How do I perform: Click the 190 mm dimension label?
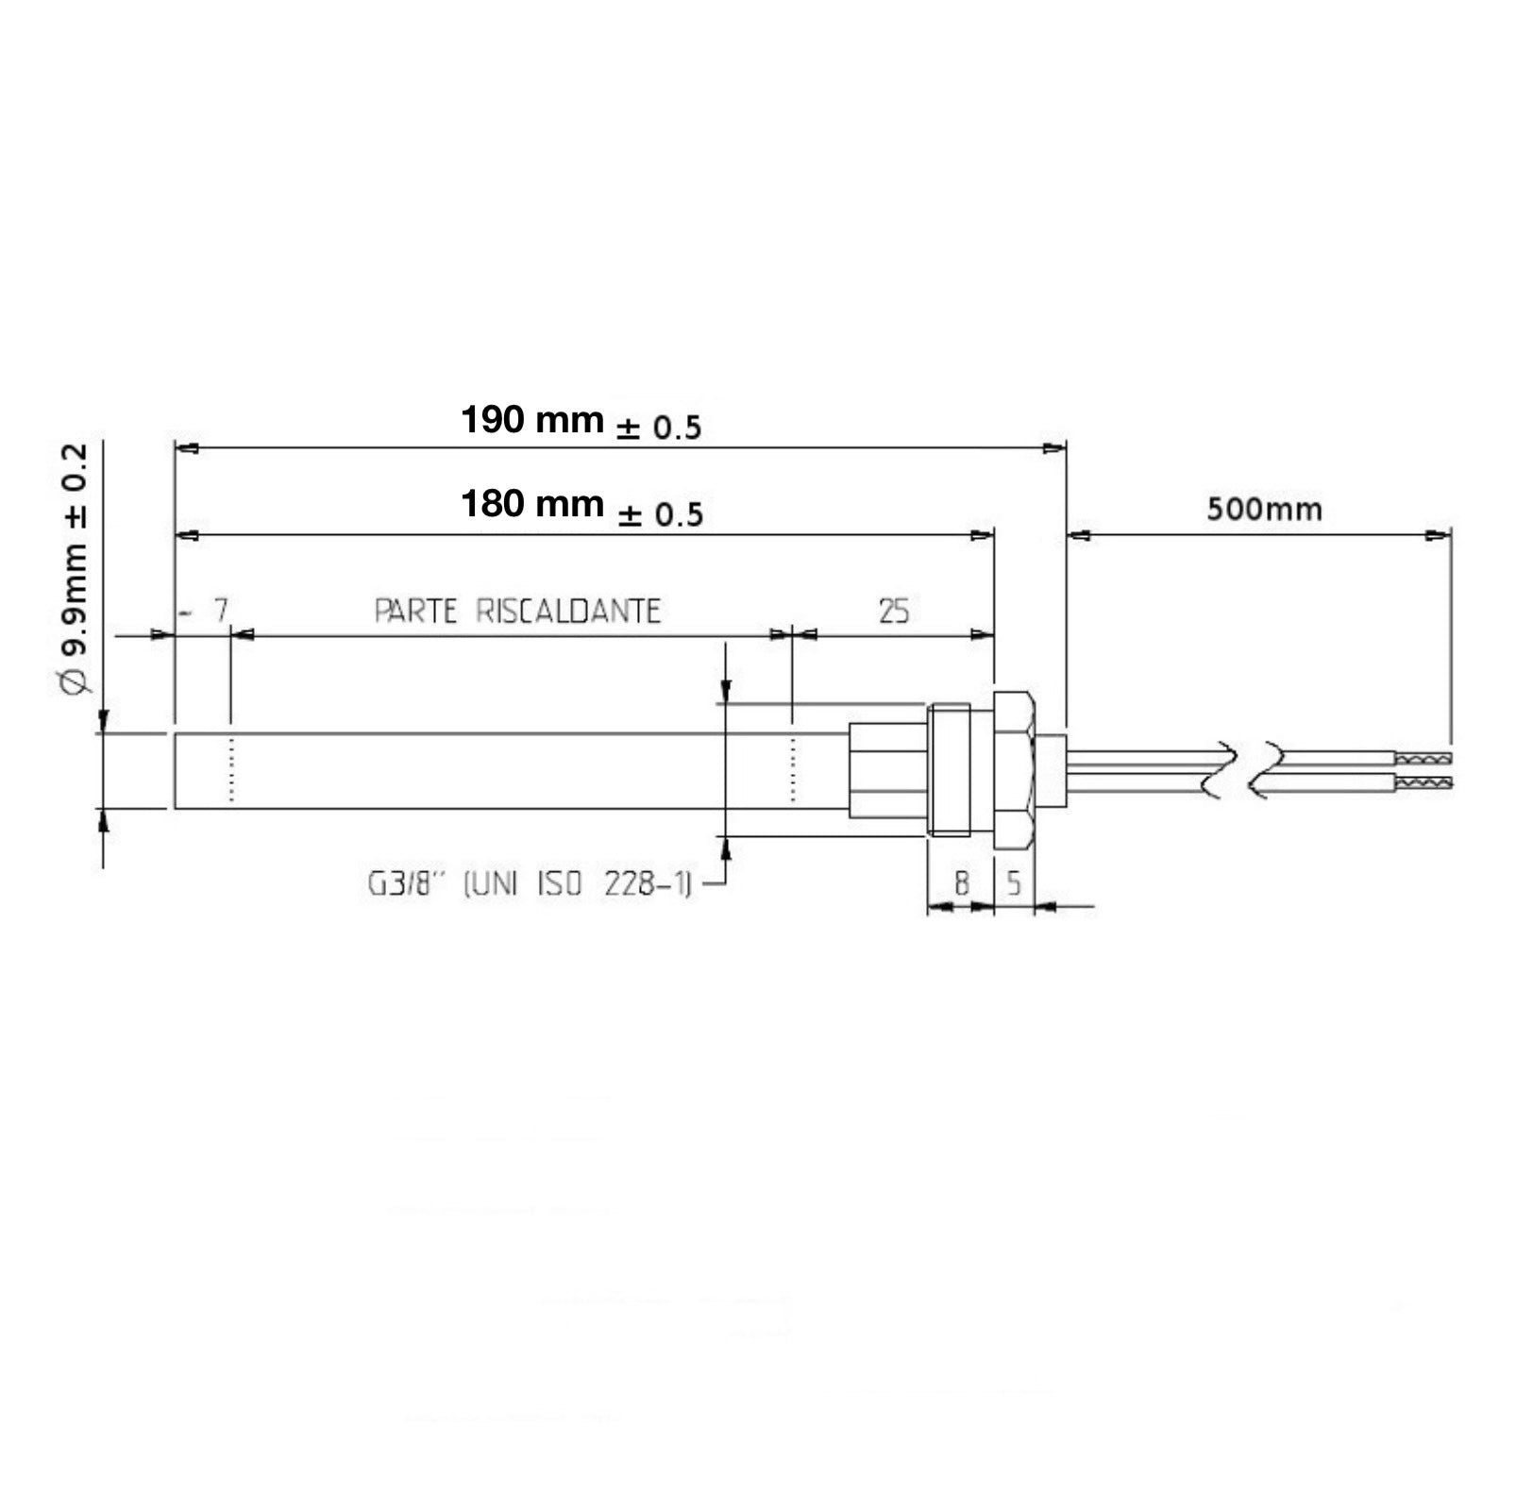pos(531,420)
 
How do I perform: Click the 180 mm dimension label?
pos(531,505)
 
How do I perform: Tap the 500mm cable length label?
pos(1264,510)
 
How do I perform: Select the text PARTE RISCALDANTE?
pos(517,612)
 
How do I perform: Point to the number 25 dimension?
pos(893,612)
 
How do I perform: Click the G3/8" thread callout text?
pos(529,884)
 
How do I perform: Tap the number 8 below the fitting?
pos(961,883)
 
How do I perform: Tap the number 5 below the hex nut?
pos(1014,883)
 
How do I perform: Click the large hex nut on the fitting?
pos(1016,769)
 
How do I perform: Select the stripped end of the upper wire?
pos(1423,758)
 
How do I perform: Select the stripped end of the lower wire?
pos(1423,782)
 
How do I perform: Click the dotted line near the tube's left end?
pos(231,769)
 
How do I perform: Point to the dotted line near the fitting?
pos(793,769)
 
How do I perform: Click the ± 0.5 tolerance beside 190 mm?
pos(659,428)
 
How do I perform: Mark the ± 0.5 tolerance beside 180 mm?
pos(661,515)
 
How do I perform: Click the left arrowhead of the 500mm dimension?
pos(1079,535)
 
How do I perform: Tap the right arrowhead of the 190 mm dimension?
pos(1055,449)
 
